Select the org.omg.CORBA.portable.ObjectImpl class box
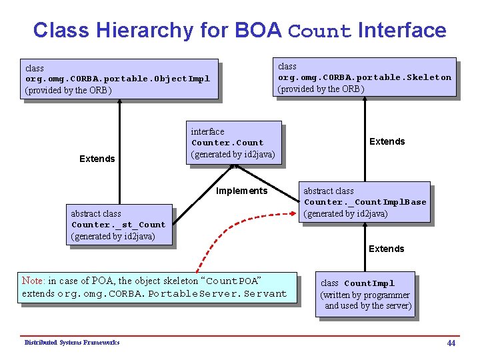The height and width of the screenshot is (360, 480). point(120,79)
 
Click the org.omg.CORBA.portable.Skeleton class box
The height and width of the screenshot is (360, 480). point(365,77)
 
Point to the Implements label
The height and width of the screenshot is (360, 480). point(241,191)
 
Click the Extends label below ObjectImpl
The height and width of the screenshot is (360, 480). point(97,159)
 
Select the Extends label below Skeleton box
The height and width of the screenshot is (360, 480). point(387,141)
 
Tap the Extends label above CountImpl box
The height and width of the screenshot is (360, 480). point(387,249)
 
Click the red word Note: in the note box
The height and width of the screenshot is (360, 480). point(33,281)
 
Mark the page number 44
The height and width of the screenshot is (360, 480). point(451,343)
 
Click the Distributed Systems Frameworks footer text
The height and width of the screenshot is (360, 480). point(72,343)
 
